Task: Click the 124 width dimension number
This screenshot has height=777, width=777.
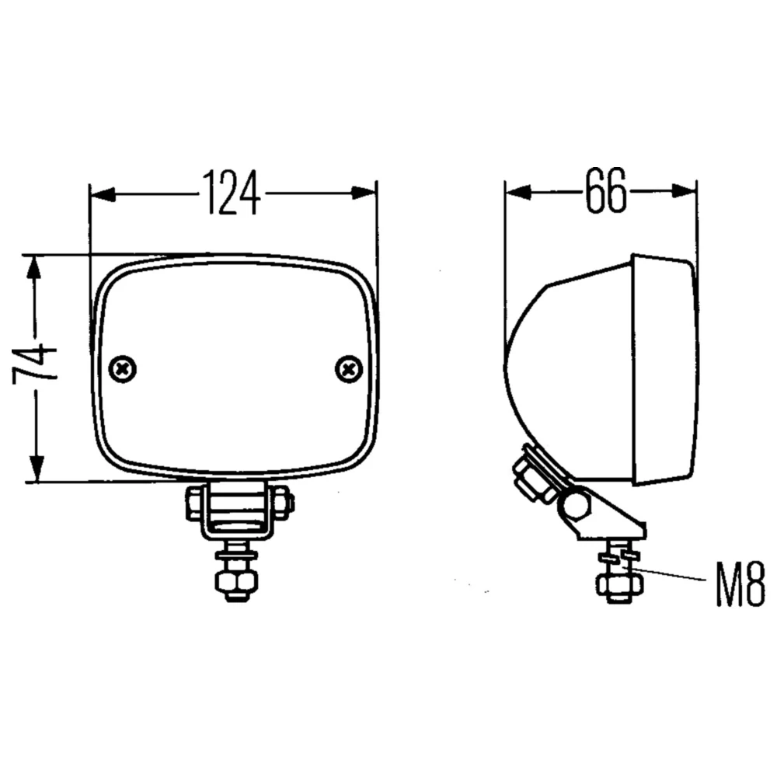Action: pos(232,193)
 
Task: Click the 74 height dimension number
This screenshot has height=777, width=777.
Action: pos(34,366)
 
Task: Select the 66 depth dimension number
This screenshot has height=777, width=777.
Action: pos(605,190)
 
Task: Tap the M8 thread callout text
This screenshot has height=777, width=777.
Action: pos(740,584)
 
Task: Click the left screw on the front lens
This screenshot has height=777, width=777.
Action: pos(123,369)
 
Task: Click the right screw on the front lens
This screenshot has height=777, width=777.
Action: pos(349,369)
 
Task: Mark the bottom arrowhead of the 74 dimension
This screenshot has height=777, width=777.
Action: pos(36,469)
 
